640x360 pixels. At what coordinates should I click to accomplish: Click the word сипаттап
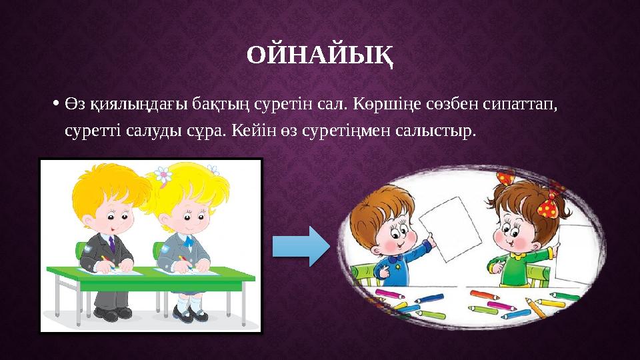(x=517, y=105)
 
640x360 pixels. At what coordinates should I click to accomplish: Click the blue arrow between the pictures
(x=301, y=247)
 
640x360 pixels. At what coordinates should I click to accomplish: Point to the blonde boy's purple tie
(x=111, y=243)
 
